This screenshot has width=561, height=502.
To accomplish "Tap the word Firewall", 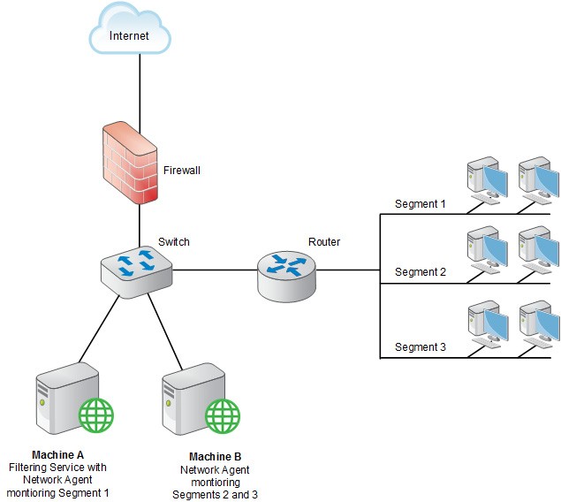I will point(183,170).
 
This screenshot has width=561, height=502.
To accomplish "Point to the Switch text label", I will point(173,241).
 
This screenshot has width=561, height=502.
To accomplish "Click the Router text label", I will point(324,241).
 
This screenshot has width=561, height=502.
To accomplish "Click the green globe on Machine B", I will point(223,414).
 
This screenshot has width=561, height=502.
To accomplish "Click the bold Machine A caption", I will point(58,454).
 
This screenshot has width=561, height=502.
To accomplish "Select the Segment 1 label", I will point(420,204).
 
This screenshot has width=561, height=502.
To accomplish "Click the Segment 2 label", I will point(420,272).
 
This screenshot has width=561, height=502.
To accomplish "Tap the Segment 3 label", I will point(420,347).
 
